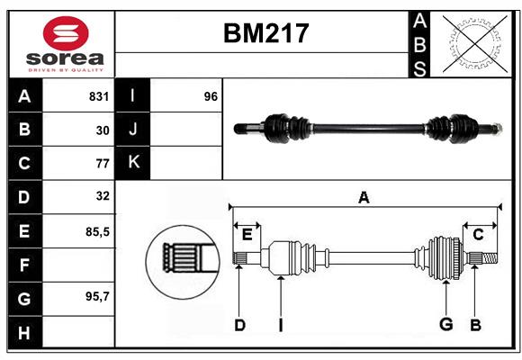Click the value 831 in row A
point(99,96)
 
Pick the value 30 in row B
point(103,130)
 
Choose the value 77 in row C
point(103,164)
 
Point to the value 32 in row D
point(103,196)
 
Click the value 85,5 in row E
point(97,231)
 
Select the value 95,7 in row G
point(97,296)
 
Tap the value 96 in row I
point(211,96)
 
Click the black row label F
point(24,265)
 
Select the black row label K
point(133,163)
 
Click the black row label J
point(133,130)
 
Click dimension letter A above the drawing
point(364,198)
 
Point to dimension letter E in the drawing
point(247,235)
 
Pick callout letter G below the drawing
point(445,324)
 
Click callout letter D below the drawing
point(239,324)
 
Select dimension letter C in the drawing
point(479,235)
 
